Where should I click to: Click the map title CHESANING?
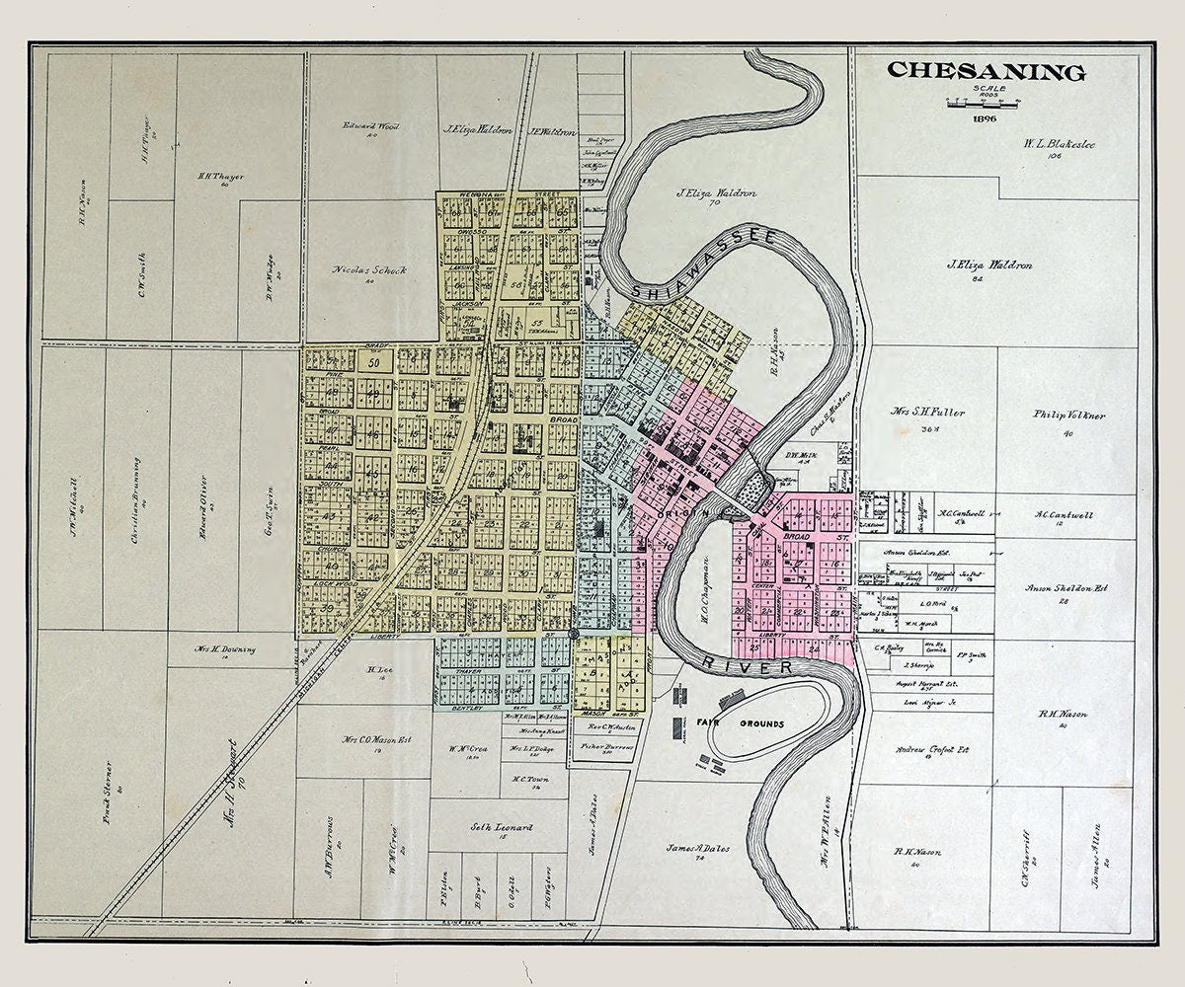(x=986, y=72)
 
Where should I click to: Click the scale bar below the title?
(x=986, y=101)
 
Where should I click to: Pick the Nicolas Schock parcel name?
(x=369, y=269)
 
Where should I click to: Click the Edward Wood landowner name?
(x=371, y=126)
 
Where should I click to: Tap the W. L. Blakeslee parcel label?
(x=1059, y=144)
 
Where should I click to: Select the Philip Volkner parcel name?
(x=1069, y=416)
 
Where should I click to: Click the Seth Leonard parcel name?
(x=501, y=827)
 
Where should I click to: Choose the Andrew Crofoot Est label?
(x=931, y=749)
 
